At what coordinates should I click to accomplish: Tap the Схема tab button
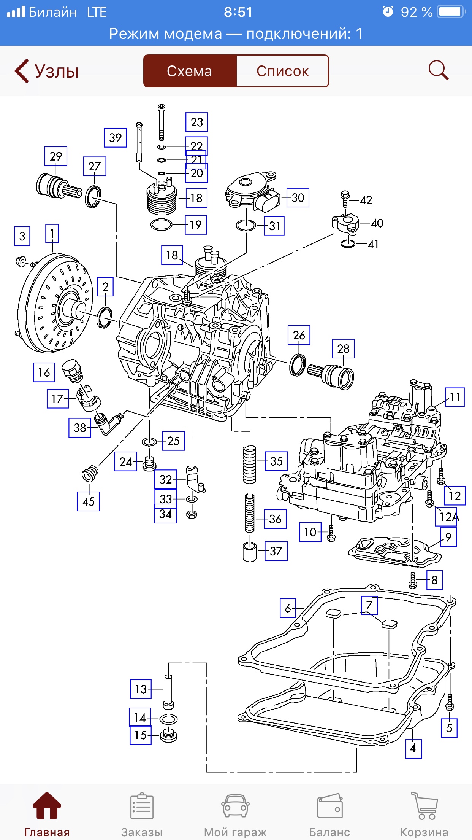(x=190, y=71)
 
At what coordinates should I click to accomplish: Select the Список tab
(x=282, y=71)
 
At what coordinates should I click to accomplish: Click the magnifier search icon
(x=438, y=70)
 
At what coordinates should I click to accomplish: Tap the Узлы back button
(x=46, y=71)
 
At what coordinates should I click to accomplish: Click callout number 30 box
(x=298, y=197)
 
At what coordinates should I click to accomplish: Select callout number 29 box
(x=56, y=156)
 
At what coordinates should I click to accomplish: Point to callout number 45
(x=88, y=501)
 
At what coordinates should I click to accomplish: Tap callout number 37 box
(x=276, y=551)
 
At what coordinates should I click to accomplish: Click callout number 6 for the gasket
(x=288, y=608)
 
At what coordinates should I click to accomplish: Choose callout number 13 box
(x=141, y=689)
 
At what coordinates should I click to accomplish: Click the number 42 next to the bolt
(x=366, y=200)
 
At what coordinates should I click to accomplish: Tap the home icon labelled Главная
(x=47, y=807)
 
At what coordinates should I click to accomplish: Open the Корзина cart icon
(x=424, y=807)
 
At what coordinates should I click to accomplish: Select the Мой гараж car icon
(x=235, y=807)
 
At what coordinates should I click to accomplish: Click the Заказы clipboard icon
(x=142, y=807)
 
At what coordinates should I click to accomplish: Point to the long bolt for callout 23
(x=162, y=124)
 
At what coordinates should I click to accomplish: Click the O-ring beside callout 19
(x=162, y=225)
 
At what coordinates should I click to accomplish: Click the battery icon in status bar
(x=451, y=12)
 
